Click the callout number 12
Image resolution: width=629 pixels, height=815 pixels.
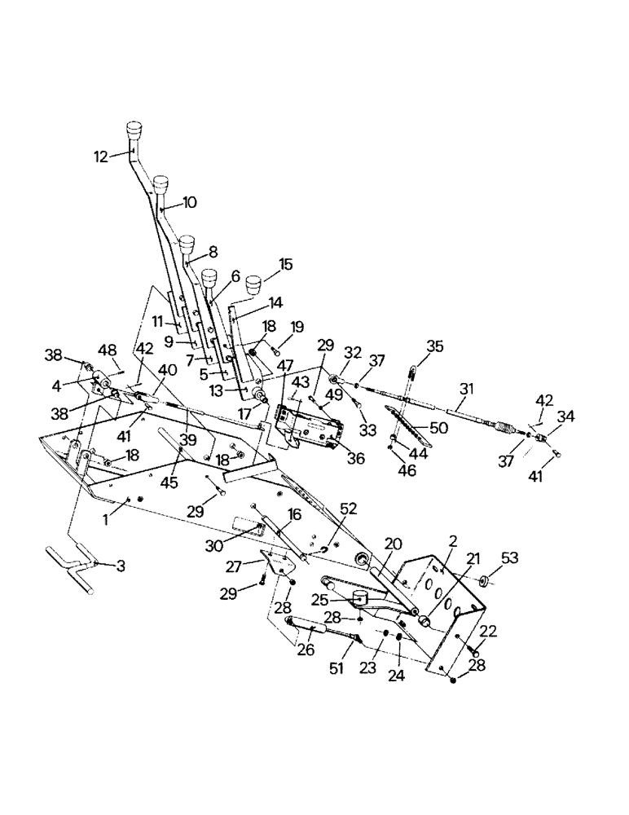click(100, 157)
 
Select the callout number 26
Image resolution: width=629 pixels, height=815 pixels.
click(307, 650)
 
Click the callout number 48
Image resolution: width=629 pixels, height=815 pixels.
click(108, 350)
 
